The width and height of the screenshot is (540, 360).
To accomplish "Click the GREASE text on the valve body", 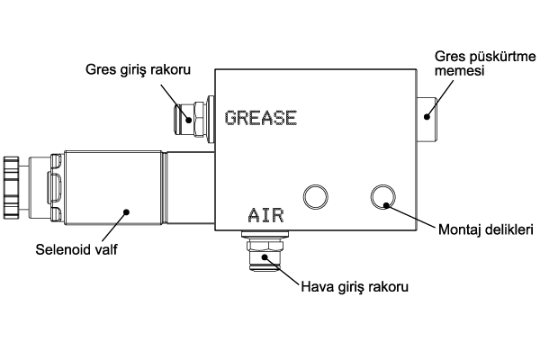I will (x=260, y=118).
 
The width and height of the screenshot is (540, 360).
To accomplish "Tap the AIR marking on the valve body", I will (x=265, y=215).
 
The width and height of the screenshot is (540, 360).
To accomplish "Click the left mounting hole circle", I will (x=316, y=195).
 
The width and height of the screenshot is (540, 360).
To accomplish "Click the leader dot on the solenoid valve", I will (x=127, y=213).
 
